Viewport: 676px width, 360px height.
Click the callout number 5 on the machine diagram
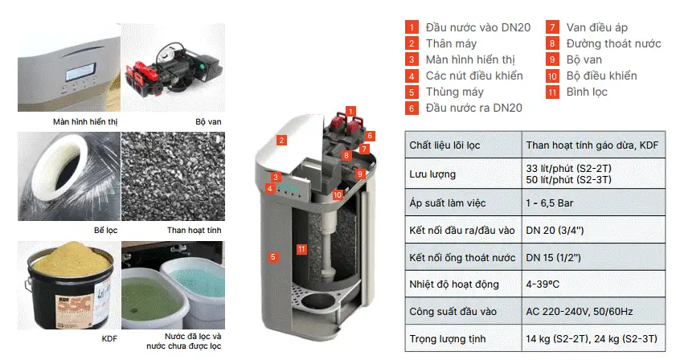click(273, 257)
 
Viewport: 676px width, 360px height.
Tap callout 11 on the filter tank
click(301, 249)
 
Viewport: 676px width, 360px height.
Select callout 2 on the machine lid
click(281, 140)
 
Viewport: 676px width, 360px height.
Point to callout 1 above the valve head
click(350, 110)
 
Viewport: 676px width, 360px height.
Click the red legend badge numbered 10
click(551, 76)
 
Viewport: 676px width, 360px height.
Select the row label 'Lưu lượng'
click(432, 174)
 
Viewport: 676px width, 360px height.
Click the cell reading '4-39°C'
click(544, 284)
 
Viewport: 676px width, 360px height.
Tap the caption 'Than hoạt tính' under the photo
click(194, 231)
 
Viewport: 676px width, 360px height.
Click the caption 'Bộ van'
click(208, 122)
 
